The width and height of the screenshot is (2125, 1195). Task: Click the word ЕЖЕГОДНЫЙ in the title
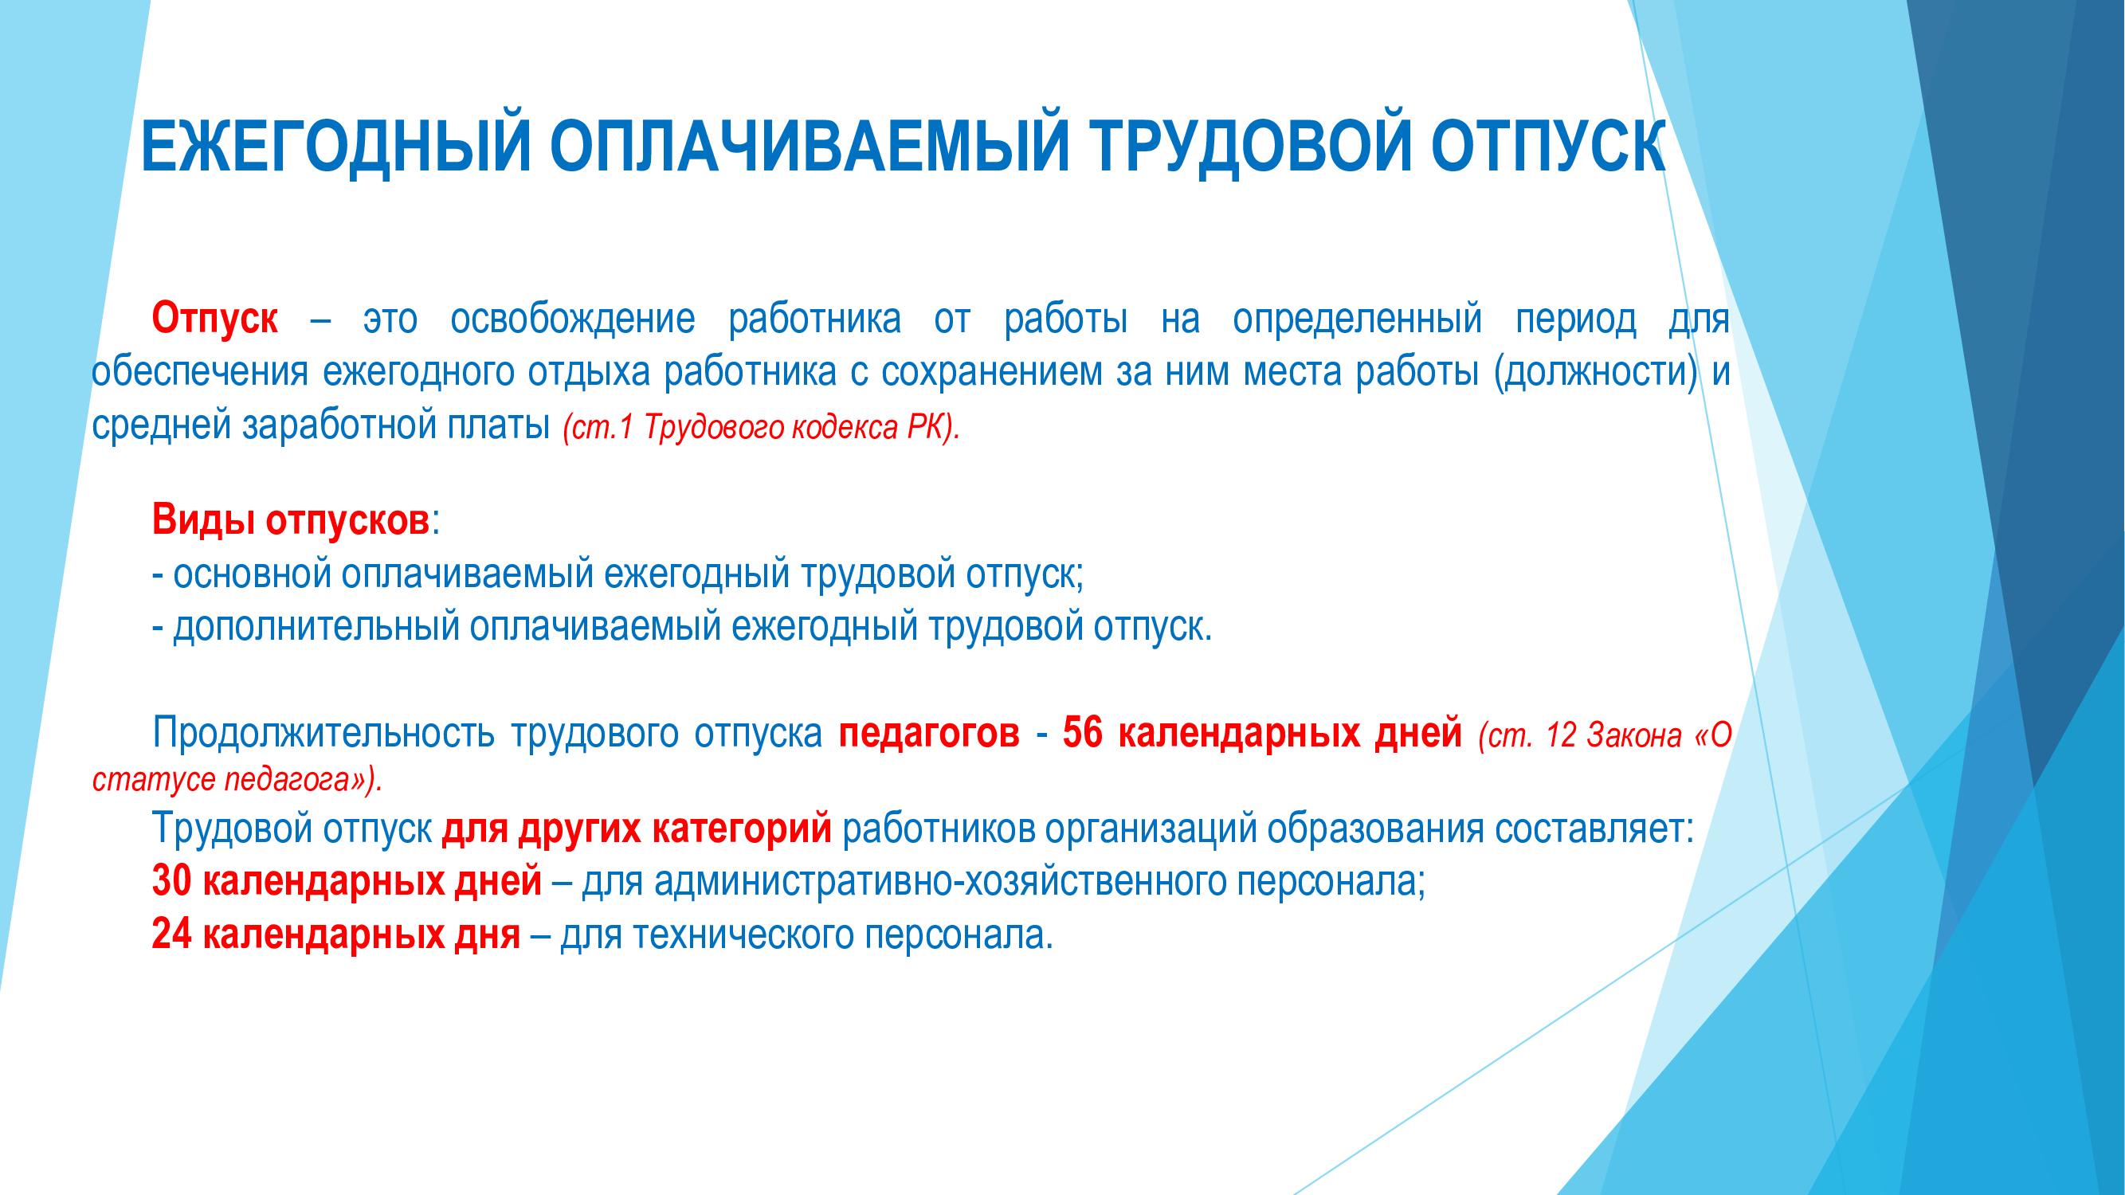[x=335, y=146]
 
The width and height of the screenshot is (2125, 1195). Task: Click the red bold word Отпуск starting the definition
[x=215, y=319]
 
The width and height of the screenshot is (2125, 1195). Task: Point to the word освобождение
[x=573, y=319]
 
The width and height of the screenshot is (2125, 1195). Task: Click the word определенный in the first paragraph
[x=1357, y=319]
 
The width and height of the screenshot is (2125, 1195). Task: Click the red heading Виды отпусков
[x=290, y=521]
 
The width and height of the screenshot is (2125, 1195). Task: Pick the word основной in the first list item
[x=253, y=575]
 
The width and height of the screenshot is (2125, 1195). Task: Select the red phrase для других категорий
[x=637, y=829]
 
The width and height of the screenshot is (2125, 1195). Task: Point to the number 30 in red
[x=172, y=882]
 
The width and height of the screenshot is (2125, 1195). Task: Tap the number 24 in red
[x=172, y=934]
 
